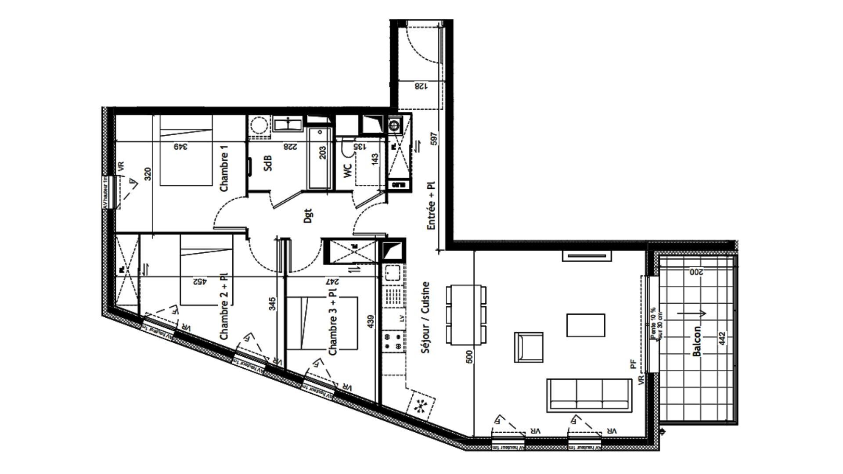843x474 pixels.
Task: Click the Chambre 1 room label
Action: [x=224, y=172]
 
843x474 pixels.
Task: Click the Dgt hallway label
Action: [x=308, y=216]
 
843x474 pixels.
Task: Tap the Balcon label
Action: [x=696, y=341]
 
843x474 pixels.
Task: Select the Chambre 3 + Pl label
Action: [x=333, y=321]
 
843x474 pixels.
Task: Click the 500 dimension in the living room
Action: [x=469, y=356]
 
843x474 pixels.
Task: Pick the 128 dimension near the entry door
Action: [x=420, y=86]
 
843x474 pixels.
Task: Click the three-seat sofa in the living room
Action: [x=589, y=395]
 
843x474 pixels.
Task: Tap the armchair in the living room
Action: [x=529, y=347]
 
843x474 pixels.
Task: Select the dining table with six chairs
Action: [x=466, y=315]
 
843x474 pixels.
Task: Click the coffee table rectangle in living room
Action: [x=585, y=325]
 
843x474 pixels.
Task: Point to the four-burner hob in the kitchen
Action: [x=393, y=342]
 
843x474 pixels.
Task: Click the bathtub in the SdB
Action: [x=319, y=159]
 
